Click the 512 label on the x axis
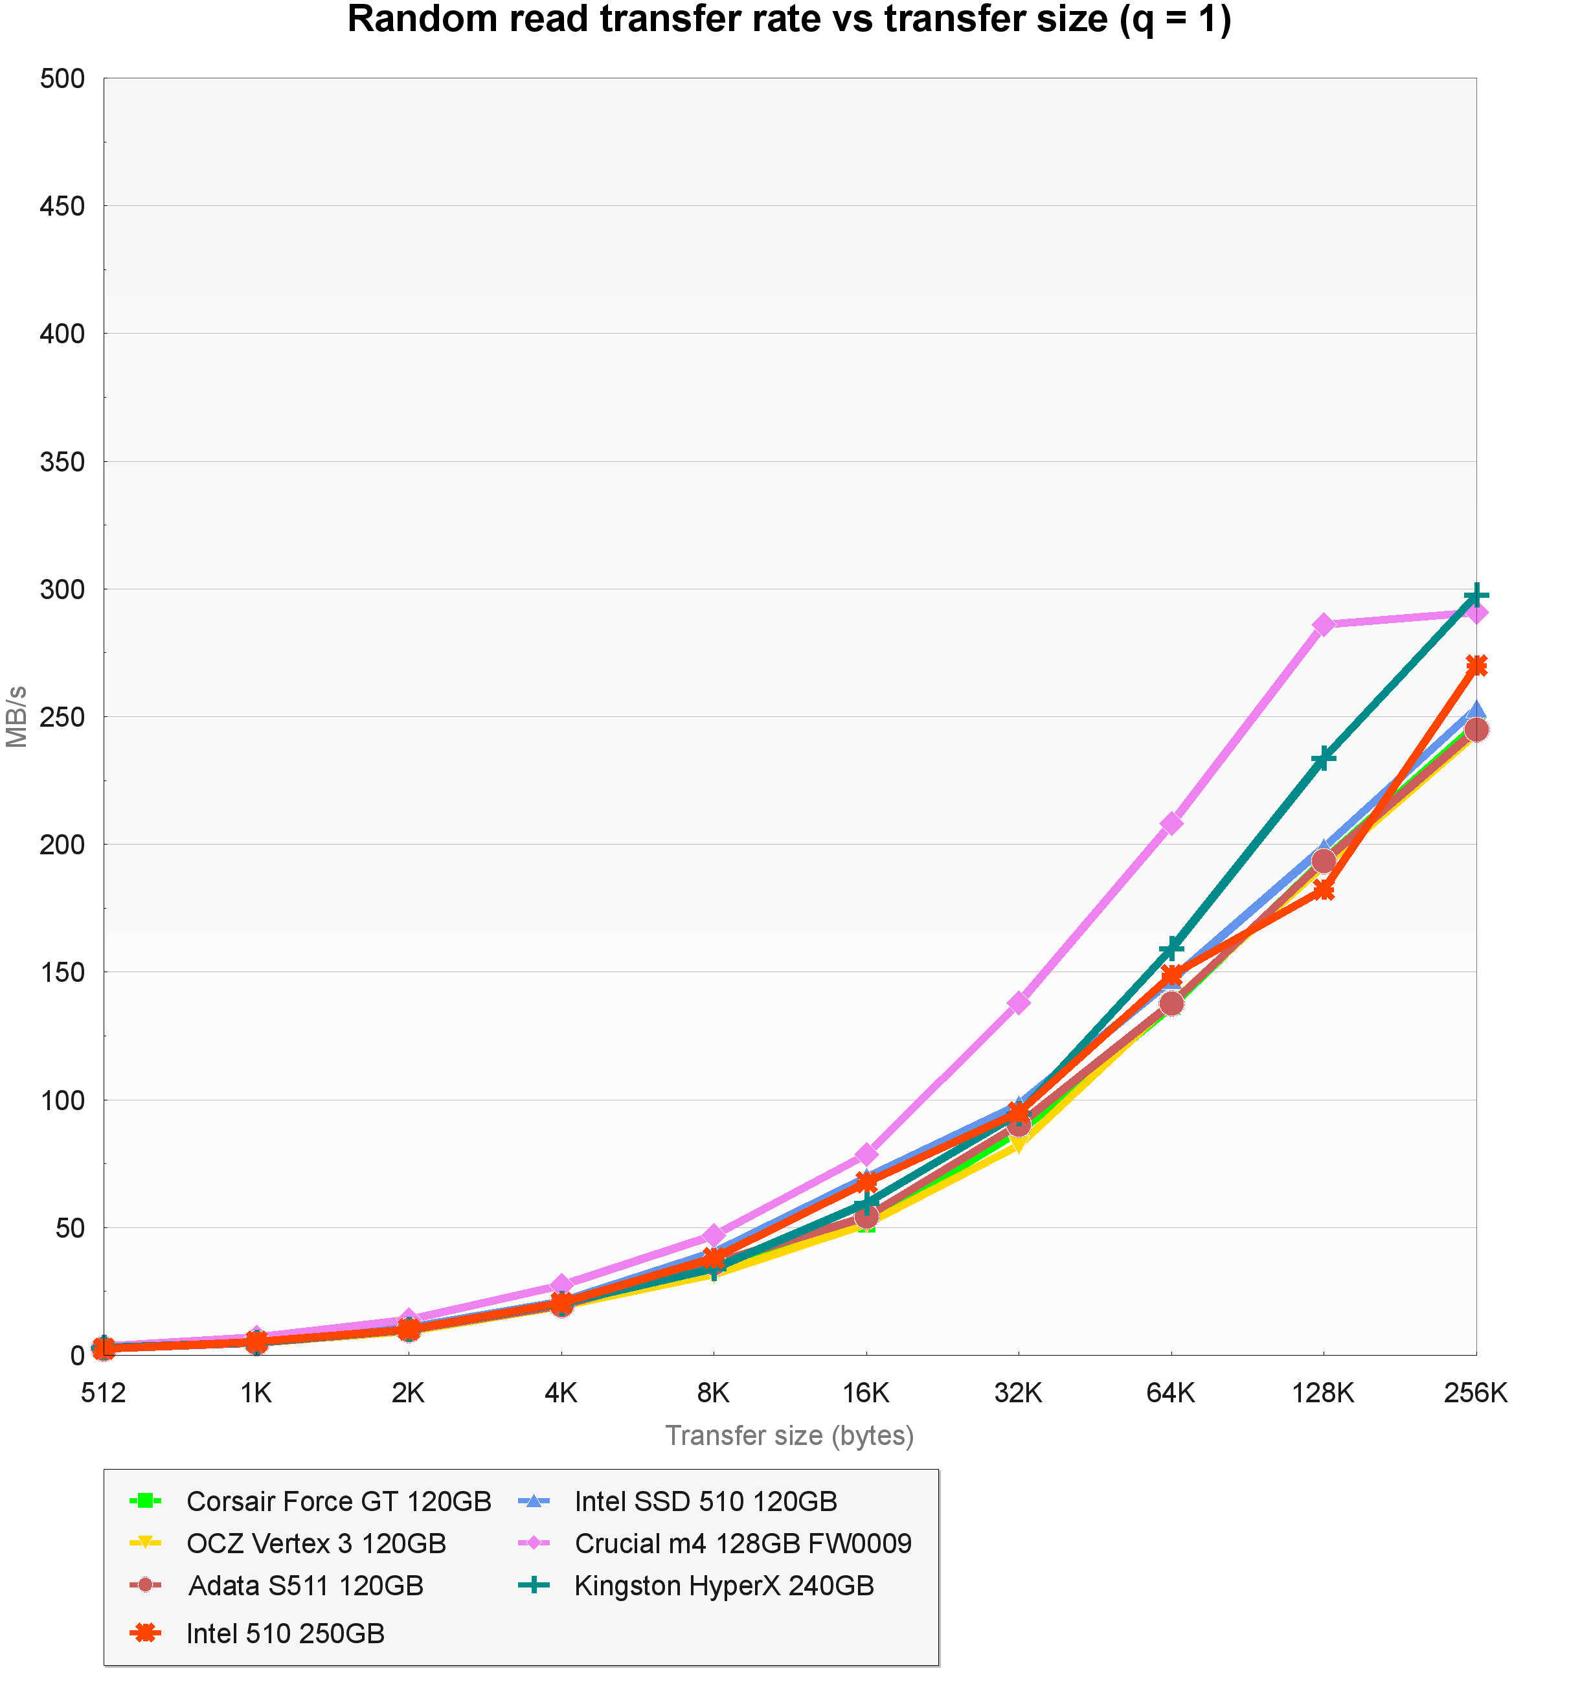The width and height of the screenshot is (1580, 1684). click(x=104, y=1393)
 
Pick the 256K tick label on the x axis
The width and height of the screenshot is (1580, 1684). click(x=1475, y=1393)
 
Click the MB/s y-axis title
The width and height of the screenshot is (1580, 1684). click(x=17, y=716)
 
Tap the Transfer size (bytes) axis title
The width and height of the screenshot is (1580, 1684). click(x=789, y=1437)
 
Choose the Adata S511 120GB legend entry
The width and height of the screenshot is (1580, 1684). click(x=305, y=1585)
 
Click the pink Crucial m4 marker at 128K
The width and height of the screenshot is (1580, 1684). click(x=1324, y=625)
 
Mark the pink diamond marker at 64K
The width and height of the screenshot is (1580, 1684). click(x=1171, y=823)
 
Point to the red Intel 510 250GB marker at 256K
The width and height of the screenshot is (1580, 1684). click(x=1476, y=666)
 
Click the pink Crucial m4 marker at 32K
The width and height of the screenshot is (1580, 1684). click(x=1019, y=1002)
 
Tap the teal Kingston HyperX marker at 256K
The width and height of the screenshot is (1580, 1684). click(x=1476, y=595)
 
